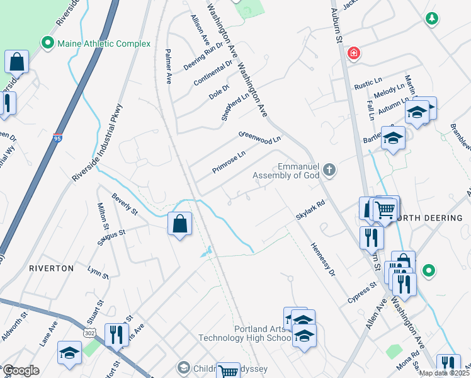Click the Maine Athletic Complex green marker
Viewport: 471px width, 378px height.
[47, 43]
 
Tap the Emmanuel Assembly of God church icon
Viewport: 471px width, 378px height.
[329, 169]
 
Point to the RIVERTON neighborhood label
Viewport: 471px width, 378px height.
[51, 268]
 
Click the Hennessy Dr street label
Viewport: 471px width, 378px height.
[321, 260]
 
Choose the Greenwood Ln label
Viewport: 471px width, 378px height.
[259, 136]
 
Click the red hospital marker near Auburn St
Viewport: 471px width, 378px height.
[354, 53]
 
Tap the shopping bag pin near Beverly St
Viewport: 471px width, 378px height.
[180, 223]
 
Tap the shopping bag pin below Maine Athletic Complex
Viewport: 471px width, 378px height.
[17, 62]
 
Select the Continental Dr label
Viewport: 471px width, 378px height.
[213, 73]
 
